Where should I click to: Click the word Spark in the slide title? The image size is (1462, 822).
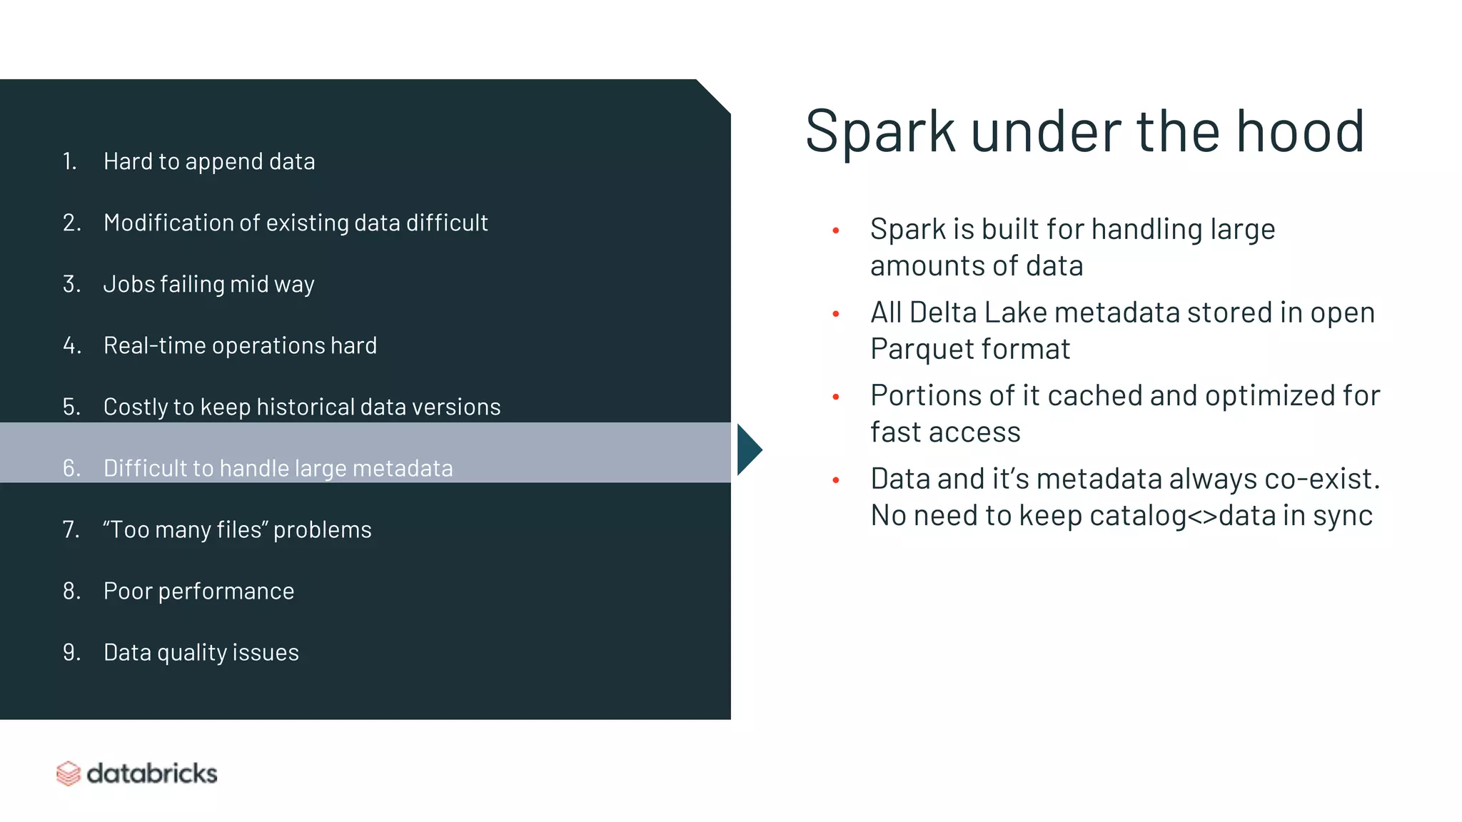879,132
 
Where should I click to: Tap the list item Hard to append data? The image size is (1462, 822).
208,161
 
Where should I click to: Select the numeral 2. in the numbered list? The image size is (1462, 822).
71,223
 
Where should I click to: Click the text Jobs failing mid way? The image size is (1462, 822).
208,284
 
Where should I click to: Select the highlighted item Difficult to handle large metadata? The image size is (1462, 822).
278,468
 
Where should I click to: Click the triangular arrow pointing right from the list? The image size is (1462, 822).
748,450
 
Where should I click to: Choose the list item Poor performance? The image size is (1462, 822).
198,591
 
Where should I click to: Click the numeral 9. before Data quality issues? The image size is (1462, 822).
71,652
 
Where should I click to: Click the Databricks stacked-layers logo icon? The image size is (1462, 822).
69,773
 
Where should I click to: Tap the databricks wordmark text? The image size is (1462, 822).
151,773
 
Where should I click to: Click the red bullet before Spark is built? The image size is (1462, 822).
836,230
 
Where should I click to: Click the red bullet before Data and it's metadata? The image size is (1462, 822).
836,480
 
